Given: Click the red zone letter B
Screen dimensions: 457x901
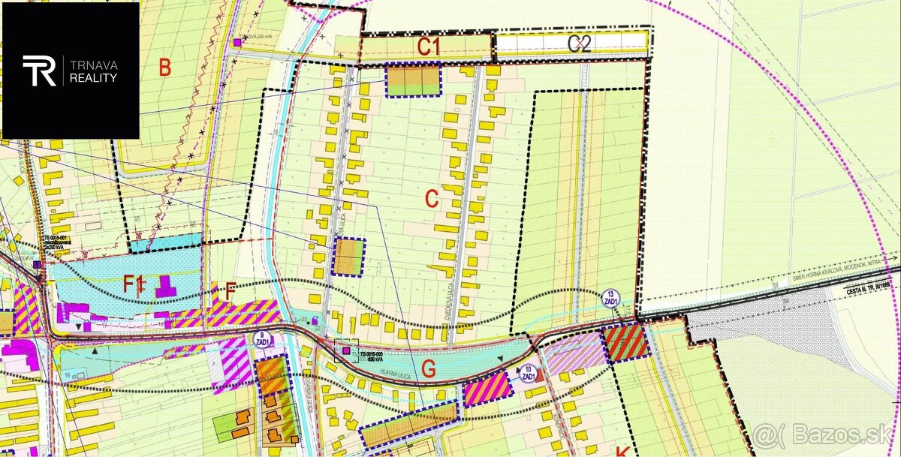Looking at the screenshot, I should tap(164, 68).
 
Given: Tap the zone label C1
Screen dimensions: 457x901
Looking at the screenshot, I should tap(428, 47).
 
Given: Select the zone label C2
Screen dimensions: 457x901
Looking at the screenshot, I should tap(580, 44).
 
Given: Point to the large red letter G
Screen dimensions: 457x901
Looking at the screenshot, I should tap(429, 368).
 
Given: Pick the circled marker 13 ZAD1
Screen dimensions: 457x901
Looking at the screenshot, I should tap(611, 297).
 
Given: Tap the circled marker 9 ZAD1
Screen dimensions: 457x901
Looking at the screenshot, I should tap(262, 338).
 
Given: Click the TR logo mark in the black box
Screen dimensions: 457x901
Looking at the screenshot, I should tap(40, 71).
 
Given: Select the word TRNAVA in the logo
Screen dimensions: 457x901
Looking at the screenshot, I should tap(94, 65).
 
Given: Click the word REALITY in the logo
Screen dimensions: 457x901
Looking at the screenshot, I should tap(94, 77).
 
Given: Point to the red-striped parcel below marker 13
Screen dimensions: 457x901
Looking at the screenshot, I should tap(625, 342).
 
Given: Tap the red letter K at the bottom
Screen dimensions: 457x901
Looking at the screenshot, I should tap(622, 451).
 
